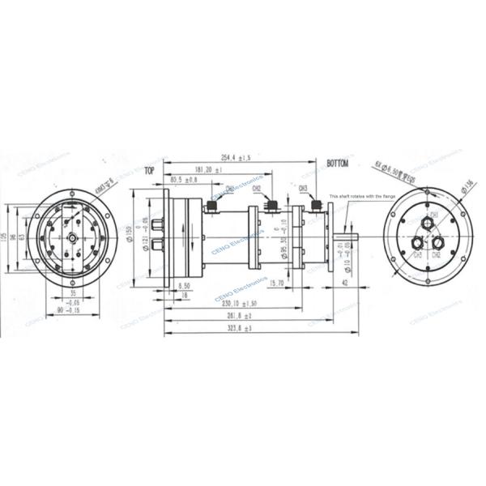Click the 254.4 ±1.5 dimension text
click(235, 156)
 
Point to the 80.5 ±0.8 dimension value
click(182, 180)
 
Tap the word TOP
click(148, 172)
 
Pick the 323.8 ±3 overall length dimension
click(241, 327)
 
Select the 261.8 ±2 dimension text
click(240, 315)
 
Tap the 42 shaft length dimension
click(346, 283)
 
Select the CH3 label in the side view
click(303, 188)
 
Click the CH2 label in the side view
click(257, 189)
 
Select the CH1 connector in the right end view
click(433, 215)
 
